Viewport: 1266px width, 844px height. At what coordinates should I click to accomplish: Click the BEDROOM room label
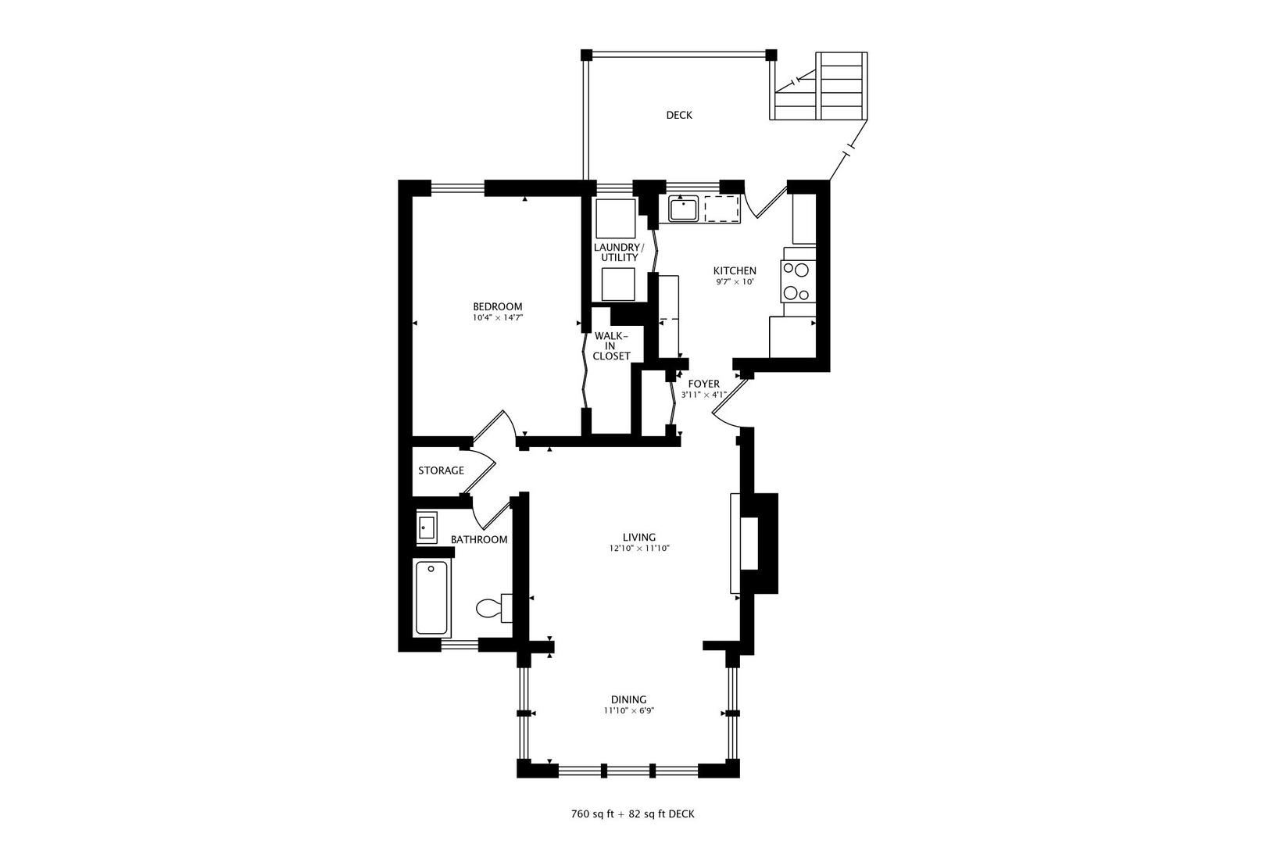pyautogui.click(x=497, y=306)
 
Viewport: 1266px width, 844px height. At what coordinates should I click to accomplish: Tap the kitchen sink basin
pyautogui.click(x=683, y=209)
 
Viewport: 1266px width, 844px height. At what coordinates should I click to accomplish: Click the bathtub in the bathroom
pyautogui.click(x=431, y=598)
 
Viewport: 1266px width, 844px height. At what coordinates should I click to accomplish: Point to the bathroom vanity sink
pyautogui.click(x=426, y=527)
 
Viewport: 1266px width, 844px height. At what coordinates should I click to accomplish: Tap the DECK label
pyautogui.click(x=678, y=115)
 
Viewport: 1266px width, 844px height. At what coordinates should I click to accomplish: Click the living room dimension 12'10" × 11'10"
pyautogui.click(x=639, y=549)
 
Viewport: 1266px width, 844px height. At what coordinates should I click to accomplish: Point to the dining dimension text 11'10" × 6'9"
pyautogui.click(x=628, y=711)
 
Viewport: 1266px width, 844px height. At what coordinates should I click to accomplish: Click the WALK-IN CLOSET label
pyautogui.click(x=611, y=345)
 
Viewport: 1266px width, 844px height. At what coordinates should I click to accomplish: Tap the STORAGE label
pyautogui.click(x=441, y=470)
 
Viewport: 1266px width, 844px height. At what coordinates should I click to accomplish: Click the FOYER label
pyautogui.click(x=703, y=384)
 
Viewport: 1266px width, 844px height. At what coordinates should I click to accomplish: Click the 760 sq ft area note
pyautogui.click(x=632, y=814)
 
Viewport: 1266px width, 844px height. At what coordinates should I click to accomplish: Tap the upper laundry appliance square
pyautogui.click(x=616, y=219)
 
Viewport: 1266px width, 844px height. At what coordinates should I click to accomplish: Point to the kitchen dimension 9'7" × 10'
pyautogui.click(x=735, y=282)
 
